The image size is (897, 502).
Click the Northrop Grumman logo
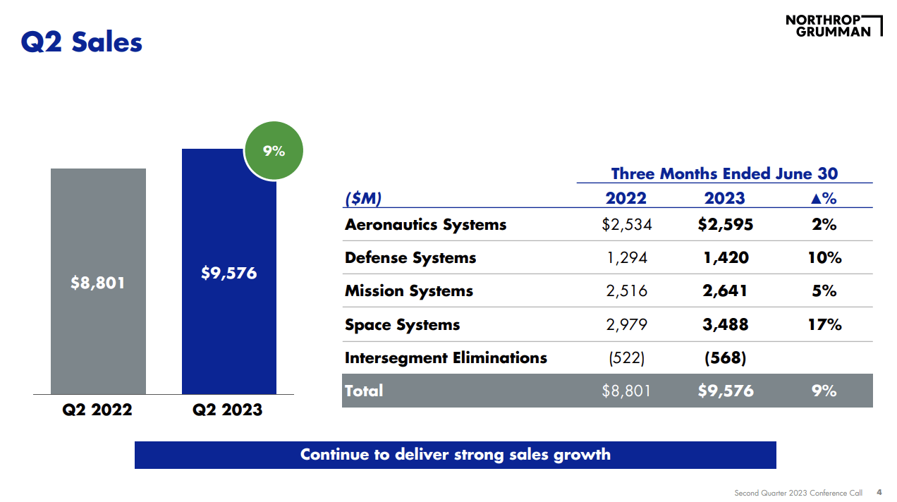point(833,25)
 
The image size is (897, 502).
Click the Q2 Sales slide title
point(81,42)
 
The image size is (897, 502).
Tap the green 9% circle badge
point(274,151)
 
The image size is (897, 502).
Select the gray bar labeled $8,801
point(98,282)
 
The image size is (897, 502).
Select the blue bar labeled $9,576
point(228,273)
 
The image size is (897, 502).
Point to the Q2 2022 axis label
point(98,410)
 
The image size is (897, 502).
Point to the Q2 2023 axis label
point(228,410)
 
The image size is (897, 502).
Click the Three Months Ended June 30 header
point(724,173)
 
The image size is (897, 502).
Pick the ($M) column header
point(363,199)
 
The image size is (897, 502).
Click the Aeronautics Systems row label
point(425,225)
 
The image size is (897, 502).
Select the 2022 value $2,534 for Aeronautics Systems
point(626,225)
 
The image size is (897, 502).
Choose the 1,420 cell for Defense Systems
point(726,258)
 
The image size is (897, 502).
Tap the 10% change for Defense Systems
point(824,258)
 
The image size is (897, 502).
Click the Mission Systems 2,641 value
point(726,291)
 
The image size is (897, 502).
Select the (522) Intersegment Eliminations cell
point(626,358)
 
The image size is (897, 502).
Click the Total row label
point(364,391)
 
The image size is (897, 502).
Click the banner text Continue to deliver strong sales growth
point(455,455)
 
